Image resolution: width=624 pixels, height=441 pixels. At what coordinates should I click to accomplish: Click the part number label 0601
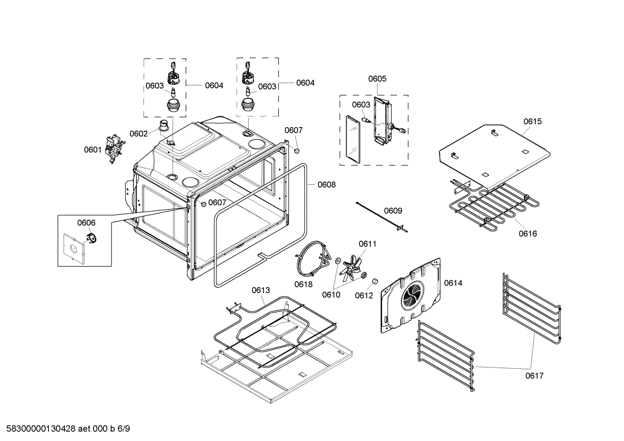pyautogui.click(x=93, y=150)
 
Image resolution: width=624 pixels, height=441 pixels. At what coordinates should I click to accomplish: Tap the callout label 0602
pyautogui.click(x=138, y=134)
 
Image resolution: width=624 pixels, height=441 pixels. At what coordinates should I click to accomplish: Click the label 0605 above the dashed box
pyautogui.click(x=377, y=79)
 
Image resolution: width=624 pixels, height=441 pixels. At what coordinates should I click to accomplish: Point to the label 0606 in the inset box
pyautogui.click(x=86, y=223)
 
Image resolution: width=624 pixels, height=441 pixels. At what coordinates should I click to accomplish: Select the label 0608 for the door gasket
pyautogui.click(x=327, y=185)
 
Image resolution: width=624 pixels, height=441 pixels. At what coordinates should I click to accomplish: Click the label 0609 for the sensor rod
pyautogui.click(x=393, y=211)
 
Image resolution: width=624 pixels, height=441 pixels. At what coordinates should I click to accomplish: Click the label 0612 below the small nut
pyautogui.click(x=364, y=295)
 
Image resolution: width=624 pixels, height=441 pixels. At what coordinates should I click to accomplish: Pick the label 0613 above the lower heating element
pyautogui.click(x=261, y=290)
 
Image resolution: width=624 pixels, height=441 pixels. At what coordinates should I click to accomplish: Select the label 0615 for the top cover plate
pyautogui.click(x=532, y=122)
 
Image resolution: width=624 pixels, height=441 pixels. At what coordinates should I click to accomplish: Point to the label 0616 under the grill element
pyautogui.click(x=528, y=234)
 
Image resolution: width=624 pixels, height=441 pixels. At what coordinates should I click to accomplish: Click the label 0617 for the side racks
pyautogui.click(x=534, y=376)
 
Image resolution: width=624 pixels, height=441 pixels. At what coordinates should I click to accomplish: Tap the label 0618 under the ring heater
pyautogui.click(x=303, y=284)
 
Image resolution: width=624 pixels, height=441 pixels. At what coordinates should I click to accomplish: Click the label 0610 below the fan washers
pyautogui.click(x=331, y=295)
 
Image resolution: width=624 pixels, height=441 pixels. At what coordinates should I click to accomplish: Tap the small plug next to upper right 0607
pyautogui.click(x=297, y=150)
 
